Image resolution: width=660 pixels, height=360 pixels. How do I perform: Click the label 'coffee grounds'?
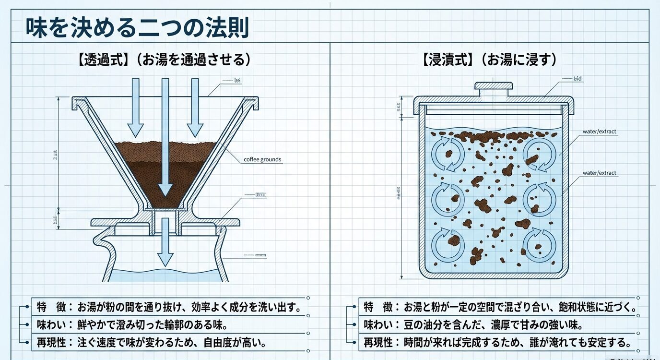(x=262, y=159)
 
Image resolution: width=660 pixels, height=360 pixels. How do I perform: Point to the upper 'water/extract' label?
(x=599, y=132)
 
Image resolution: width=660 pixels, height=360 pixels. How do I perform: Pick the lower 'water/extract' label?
(x=599, y=173)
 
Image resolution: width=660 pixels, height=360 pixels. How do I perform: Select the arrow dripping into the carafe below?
(x=165, y=242)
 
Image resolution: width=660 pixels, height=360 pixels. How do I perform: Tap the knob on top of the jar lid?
(x=494, y=86)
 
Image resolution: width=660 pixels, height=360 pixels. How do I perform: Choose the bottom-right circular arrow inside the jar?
(x=539, y=245)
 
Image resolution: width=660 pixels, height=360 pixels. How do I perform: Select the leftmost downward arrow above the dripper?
(x=135, y=108)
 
